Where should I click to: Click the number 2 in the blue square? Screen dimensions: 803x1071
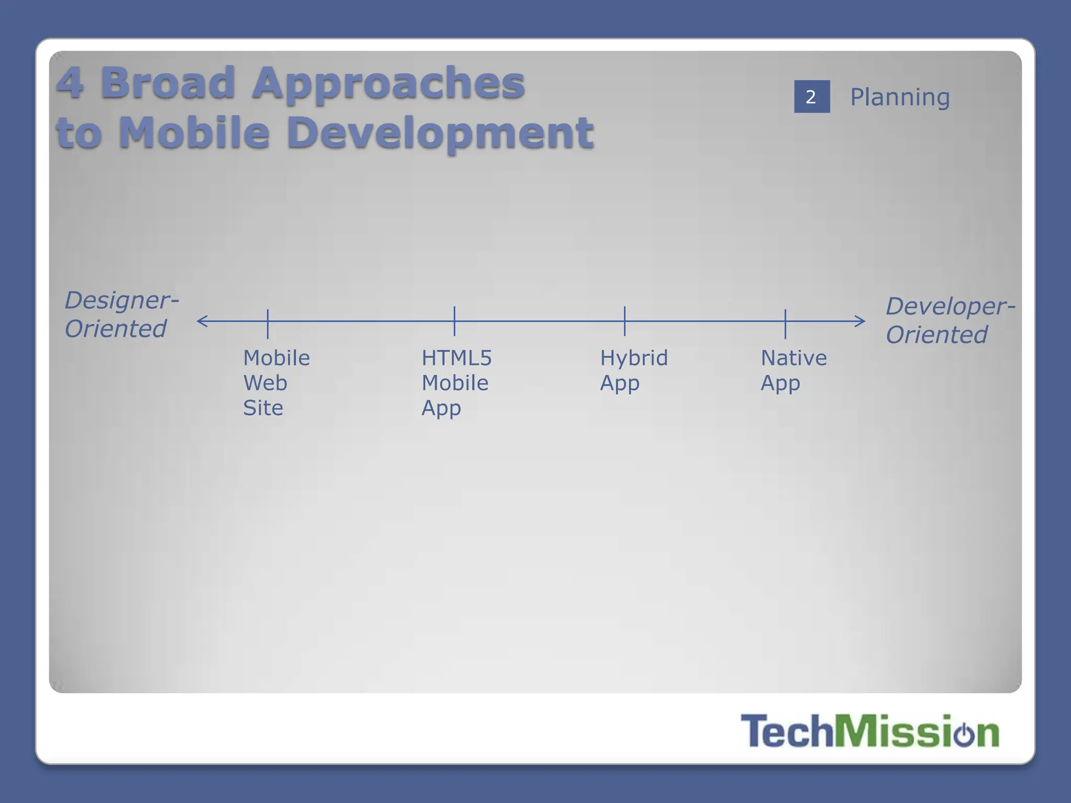point(811,97)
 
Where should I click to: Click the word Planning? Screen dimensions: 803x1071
point(899,97)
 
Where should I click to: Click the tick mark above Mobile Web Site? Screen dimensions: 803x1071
point(268,323)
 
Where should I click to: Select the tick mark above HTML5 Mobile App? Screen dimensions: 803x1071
point(454,321)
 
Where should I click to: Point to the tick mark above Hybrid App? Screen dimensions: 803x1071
point(624,321)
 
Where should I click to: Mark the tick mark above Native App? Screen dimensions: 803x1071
point(785,323)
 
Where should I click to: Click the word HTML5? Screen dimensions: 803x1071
point(457,358)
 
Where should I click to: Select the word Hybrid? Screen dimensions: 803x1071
point(634,358)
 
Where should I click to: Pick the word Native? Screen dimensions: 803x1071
point(793,358)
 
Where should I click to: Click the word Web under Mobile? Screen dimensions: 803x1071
point(265,383)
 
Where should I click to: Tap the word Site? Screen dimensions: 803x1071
point(263,408)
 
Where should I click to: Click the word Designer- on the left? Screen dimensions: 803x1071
point(121,301)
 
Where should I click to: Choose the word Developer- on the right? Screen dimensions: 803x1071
point(950,306)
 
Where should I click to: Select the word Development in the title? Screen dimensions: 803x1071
point(440,132)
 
